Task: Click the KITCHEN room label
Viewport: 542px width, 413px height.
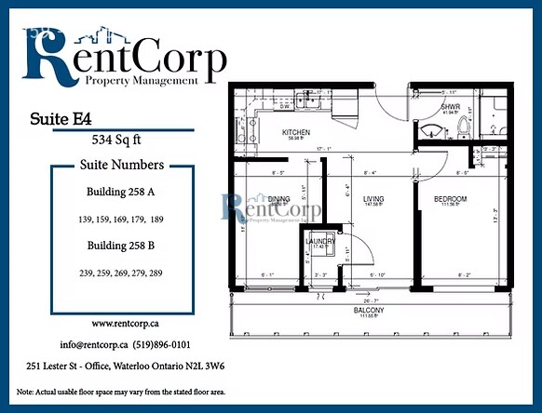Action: tap(296, 132)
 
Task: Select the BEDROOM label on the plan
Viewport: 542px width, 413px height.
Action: tap(450, 199)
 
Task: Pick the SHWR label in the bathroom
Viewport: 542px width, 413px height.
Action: tap(451, 107)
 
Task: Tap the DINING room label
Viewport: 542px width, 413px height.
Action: tap(278, 198)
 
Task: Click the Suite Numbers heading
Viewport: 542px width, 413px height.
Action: tap(120, 165)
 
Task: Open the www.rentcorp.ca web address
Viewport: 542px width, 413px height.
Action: tap(122, 324)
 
